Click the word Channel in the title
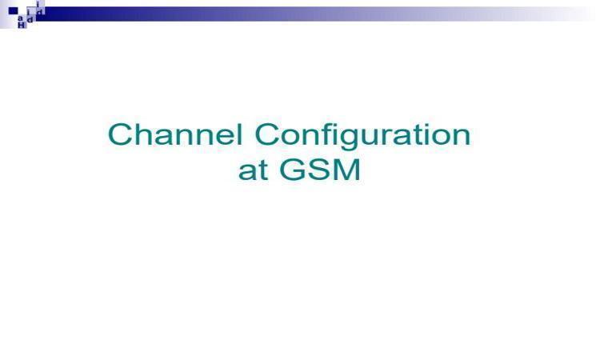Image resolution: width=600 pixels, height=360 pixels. click(x=175, y=134)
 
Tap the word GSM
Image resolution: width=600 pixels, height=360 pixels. click(x=320, y=170)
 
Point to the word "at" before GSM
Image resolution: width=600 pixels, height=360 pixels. click(x=253, y=170)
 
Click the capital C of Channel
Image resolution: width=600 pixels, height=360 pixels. click(x=120, y=134)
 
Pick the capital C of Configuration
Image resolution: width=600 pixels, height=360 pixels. click(x=266, y=134)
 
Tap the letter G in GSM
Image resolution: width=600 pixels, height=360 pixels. click(x=293, y=170)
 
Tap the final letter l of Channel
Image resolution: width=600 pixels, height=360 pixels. click(x=240, y=134)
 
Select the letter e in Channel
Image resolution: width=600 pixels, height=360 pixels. click(x=224, y=138)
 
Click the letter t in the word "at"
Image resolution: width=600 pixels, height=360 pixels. click(x=262, y=171)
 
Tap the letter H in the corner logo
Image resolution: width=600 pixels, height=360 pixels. click(x=22, y=25)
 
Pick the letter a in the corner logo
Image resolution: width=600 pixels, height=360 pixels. click(x=20, y=18)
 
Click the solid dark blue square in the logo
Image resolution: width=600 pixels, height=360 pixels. click(x=13, y=10)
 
